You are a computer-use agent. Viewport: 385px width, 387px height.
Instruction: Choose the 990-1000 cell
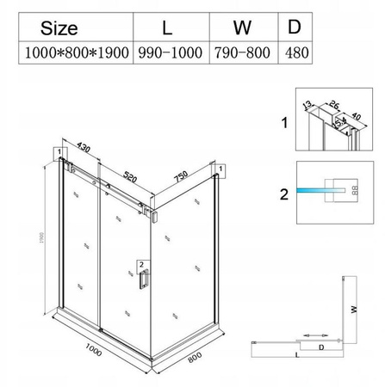pos(168,52)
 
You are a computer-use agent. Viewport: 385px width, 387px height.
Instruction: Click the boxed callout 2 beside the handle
pos(142,264)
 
